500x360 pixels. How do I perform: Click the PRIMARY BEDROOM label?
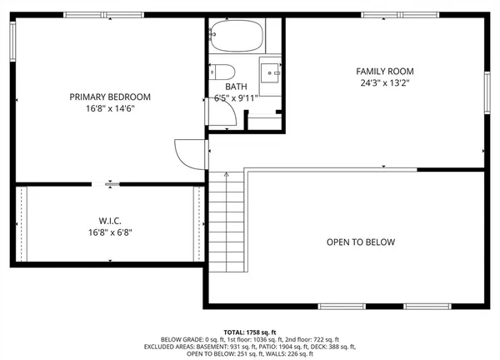click(110, 97)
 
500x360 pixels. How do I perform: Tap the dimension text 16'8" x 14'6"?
click(110, 108)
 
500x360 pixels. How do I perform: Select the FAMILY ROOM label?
click(386, 72)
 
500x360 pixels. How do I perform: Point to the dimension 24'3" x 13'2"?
click(386, 83)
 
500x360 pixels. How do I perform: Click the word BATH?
click(236, 86)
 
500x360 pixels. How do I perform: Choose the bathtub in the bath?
click(237, 37)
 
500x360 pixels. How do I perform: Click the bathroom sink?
click(271, 72)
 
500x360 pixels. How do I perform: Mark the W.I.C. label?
click(110, 221)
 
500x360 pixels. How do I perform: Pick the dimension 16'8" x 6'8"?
click(110, 232)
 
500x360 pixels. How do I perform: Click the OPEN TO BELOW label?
click(360, 242)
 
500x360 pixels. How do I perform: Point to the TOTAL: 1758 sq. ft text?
click(250, 331)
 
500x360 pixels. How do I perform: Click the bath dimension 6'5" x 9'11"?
click(236, 97)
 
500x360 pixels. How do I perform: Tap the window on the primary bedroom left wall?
click(12, 41)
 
